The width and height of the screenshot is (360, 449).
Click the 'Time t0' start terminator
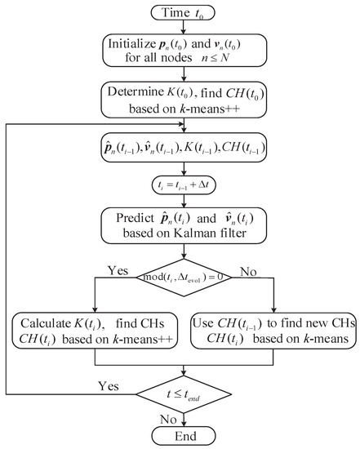click(186, 11)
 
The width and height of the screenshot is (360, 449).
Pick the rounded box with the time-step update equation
click(186, 185)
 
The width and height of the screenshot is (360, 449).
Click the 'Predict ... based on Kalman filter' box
click(186, 226)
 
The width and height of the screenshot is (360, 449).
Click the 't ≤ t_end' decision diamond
click(187, 395)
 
